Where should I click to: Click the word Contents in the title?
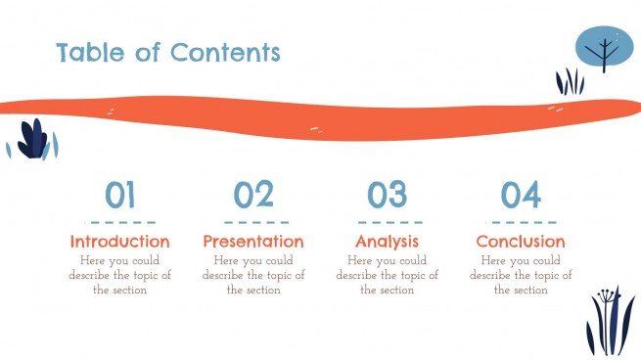[x=225, y=52]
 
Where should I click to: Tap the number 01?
[x=119, y=196]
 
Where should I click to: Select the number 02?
[x=253, y=196]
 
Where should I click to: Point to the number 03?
[x=387, y=196]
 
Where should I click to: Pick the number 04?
[x=521, y=196]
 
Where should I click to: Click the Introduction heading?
[x=120, y=241]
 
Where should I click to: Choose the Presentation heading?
[x=253, y=241]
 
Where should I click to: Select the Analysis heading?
[x=387, y=241]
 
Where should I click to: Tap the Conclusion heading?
[x=521, y=241]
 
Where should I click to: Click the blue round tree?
[x=604, y=47]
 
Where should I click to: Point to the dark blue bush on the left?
[x=34, y=139]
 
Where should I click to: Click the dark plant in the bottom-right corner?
[x=607, y=323]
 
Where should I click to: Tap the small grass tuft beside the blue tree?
[x=570, y=82]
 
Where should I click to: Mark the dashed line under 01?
[x=119, y=221]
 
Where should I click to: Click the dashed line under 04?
[x=521, y=221]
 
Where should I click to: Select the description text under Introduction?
[x=120, y=275]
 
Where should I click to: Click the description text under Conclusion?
[x=521, y=275]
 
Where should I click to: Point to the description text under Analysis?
[x=387, y=275]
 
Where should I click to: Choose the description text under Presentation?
[x=253, y=275]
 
